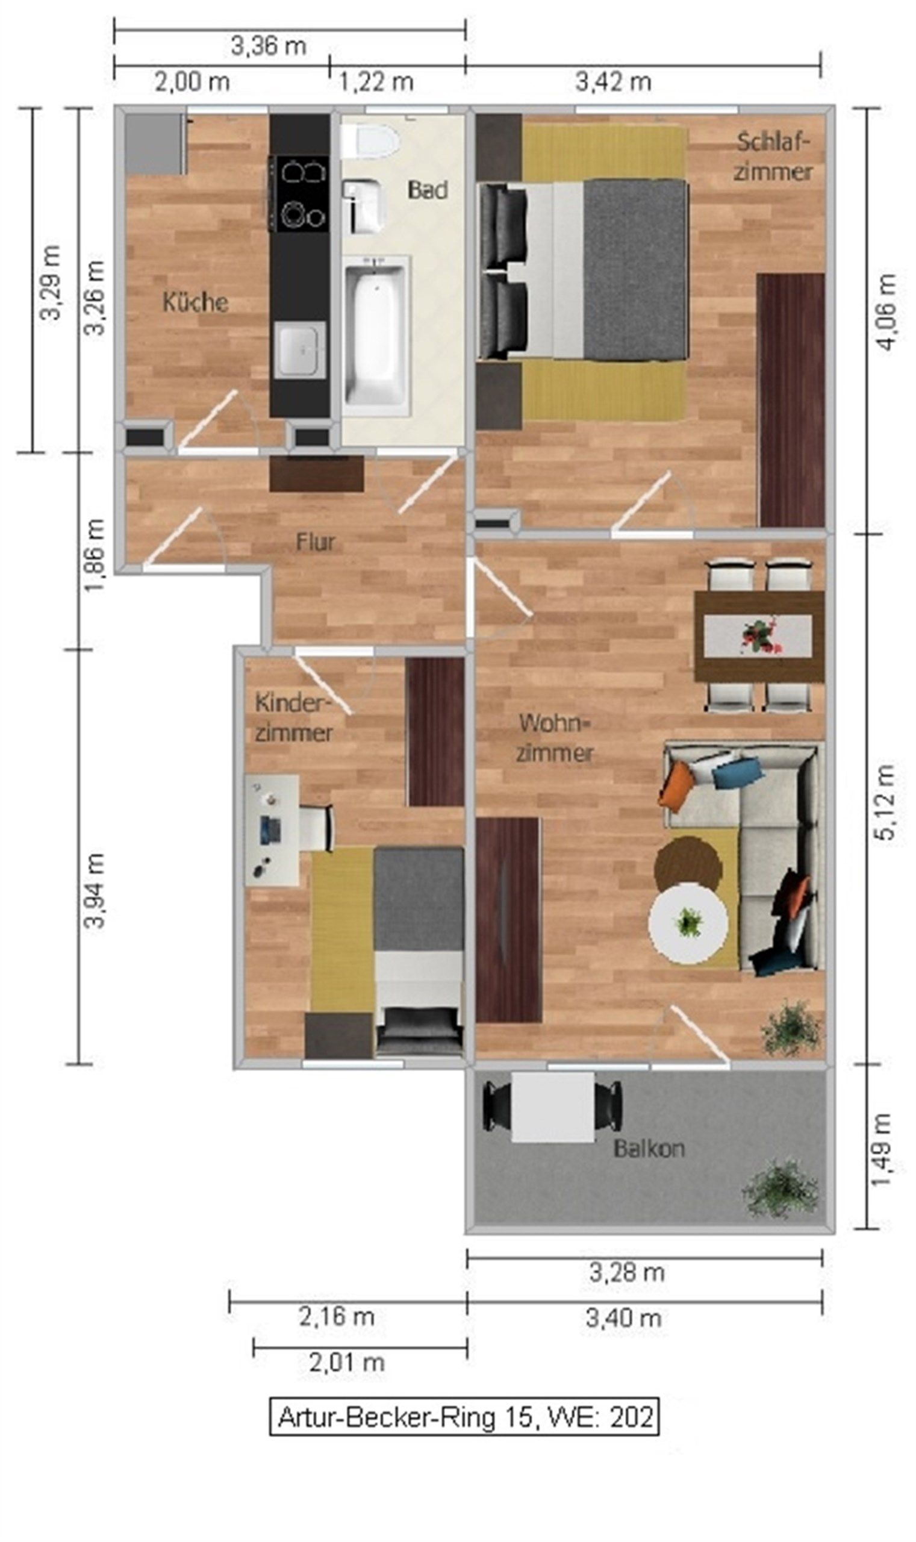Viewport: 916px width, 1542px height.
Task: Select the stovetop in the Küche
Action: click(x=301, y=193)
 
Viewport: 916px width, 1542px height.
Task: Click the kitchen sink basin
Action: click(x=299, y=350)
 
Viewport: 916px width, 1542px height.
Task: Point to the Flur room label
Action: click(x=316, y=542)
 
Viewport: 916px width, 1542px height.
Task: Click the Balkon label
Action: click(x=649, y=1148)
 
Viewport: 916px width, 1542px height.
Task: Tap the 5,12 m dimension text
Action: click(x=885, y=802)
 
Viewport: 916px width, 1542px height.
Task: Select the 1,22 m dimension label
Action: click(x=376, y=81)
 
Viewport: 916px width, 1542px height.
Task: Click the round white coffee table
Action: click(x=688, y=923)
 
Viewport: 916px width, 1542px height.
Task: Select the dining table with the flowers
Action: click(x=759, y=637)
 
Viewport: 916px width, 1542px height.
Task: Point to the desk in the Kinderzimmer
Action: click(x=272, y=830)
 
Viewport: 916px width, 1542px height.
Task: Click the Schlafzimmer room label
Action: click(x=773, y=157)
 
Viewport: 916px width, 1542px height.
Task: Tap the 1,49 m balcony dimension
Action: click(x=883, y=1149)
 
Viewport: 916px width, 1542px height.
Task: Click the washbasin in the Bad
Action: click(x=363, y=206)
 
